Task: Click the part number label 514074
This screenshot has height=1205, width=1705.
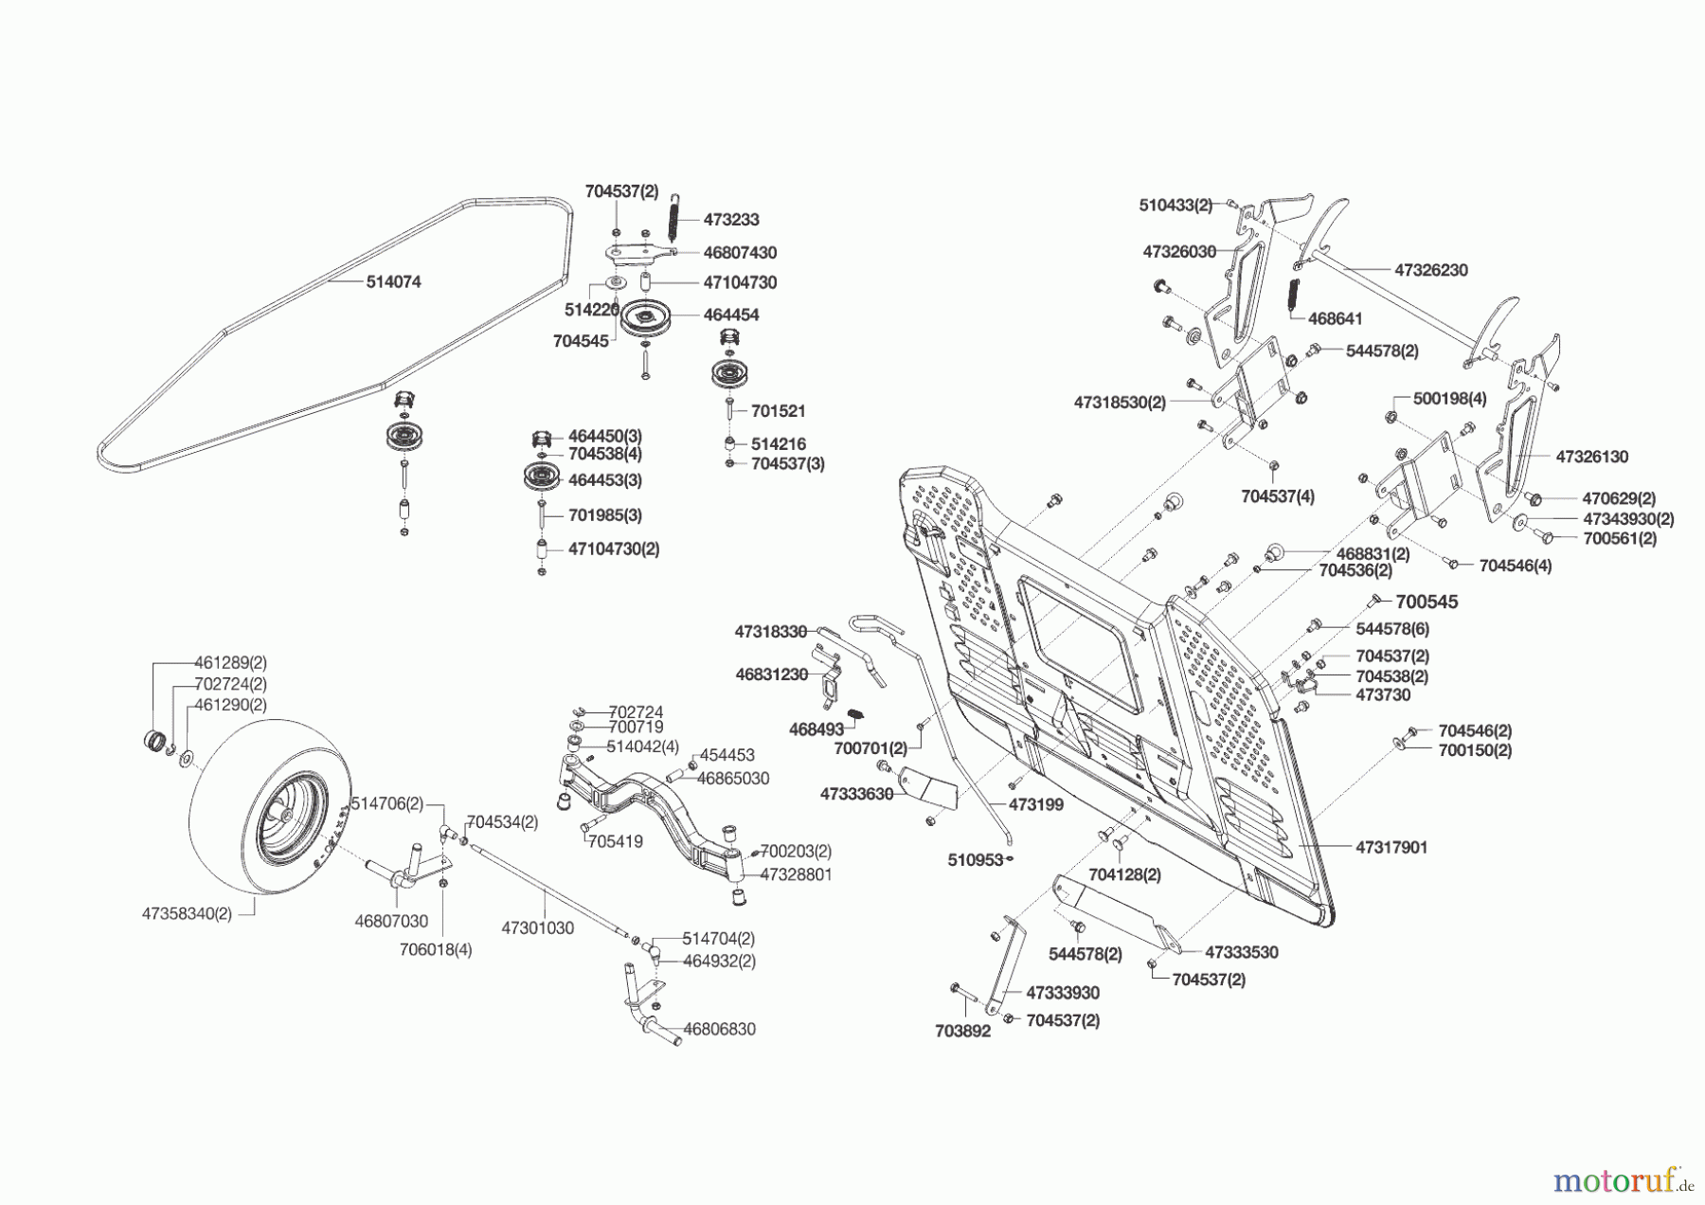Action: coord(393,282)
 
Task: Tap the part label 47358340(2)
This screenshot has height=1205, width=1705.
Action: coord(187,914)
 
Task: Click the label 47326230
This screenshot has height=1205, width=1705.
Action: coord(1430,270)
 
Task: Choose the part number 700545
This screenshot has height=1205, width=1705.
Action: coord(1427,602)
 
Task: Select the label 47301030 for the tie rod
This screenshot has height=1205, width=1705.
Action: coord(537,928)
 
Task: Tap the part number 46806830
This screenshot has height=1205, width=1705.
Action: coord(719,1029)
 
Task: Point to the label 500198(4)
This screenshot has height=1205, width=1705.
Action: coord(1449,400)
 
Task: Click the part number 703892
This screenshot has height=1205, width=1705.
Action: coord(962,1032)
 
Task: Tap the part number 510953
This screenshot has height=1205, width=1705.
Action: coord(975,860)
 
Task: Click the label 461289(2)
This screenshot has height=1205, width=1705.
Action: coord(230,663)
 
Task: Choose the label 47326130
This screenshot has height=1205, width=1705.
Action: coord(1591,457)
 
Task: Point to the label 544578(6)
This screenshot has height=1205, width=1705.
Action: coord(1392,629)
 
